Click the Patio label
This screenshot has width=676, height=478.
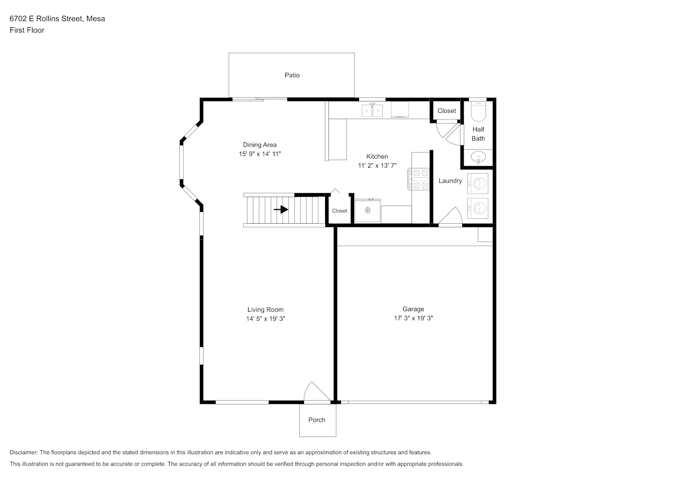pyautogui.click(x=292, y=75)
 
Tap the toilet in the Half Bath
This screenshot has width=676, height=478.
pyautogui.click(x=479, y=110)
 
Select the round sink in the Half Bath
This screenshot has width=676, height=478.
pyautogui.click(x=479, y=157)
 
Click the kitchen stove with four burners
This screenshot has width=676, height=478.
pyautogui.click(x=419, y=179)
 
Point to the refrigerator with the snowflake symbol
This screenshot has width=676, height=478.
pyautogui.click(x=368, y=211)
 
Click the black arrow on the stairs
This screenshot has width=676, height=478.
pyautogui.click(x=281, y=209)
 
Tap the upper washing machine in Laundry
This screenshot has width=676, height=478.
pyautogui.click(x=478, y=184)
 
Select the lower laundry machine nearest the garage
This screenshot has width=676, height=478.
pyautogui.click(x=478, y=208)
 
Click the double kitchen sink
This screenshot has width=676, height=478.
pyautogui.click(x=372, y=110)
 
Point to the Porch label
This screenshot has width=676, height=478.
pyautogui.click(x=316, y=420)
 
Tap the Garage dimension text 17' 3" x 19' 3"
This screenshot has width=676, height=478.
pyautogui.click(x=413, y=318)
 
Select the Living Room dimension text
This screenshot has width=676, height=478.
pyautogui.click(x=266, y=319)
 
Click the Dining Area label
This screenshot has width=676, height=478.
pyautogui.click(x=260, y=145)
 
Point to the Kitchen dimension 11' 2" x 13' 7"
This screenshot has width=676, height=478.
pyautogui.click(x=377, y=165)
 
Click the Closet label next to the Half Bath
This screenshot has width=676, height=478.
pyautogui.click(x=447, y=111)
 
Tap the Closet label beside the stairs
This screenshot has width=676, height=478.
pyautogui.click(x=339, y=211)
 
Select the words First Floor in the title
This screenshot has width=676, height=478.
pyautogui.click(x=27, y=30)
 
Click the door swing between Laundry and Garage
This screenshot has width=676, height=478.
pyautogui.click(x=450, y=215)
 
